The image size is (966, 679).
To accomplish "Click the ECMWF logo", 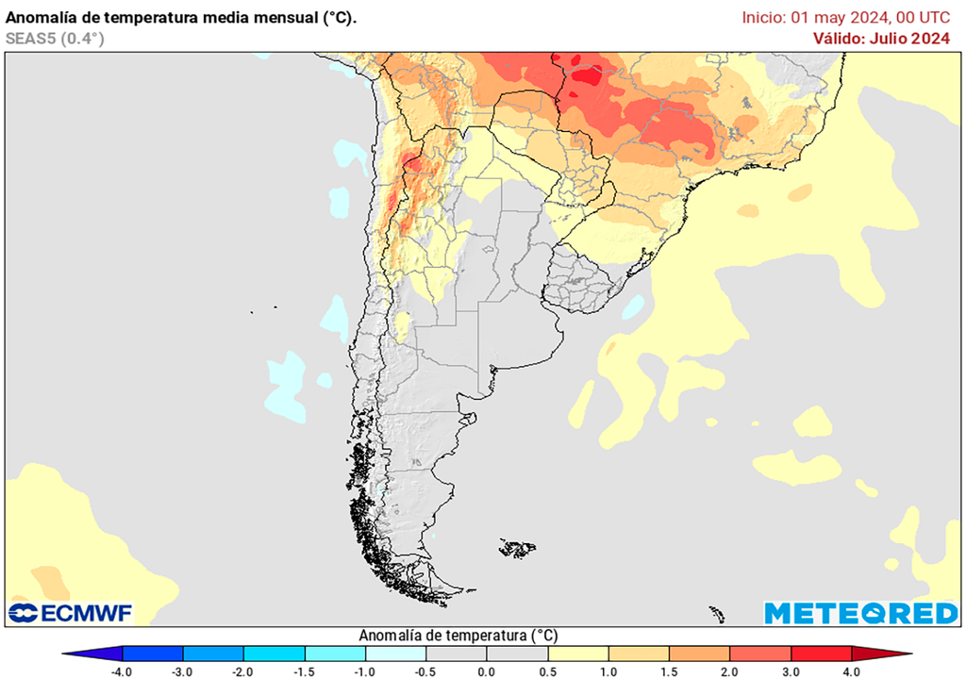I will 71,613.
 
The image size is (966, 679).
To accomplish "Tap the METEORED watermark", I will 860,613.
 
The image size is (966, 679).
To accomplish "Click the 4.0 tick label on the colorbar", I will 852,671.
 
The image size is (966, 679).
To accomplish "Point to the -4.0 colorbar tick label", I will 121,671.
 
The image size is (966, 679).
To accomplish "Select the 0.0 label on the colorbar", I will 487,671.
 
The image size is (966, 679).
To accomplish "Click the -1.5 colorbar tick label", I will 304,671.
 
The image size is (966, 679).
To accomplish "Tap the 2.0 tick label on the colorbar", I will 730,671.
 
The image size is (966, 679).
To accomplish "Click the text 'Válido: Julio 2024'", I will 881,38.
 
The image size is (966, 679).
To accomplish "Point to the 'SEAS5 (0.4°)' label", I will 55,38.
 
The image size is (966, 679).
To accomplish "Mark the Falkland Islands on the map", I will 518,547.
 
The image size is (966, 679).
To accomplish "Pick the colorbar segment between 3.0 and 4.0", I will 821,654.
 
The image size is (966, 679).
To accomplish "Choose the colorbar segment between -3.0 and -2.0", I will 213,654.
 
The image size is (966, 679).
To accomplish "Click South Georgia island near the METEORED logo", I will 717,614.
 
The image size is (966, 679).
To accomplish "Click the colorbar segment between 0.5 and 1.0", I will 577,654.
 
